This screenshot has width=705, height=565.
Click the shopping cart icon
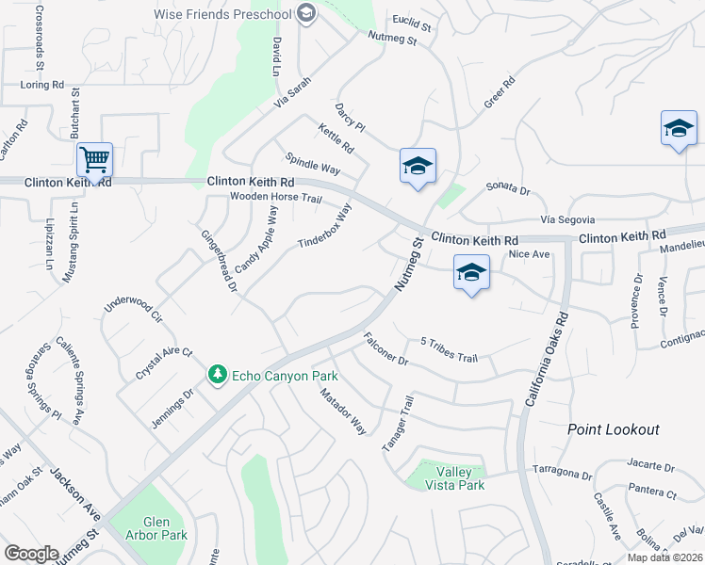tap(94, 160)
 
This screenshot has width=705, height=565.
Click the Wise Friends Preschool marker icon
tap(305, 12)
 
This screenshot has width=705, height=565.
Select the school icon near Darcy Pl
tap(417, 167)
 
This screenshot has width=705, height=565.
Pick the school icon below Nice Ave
tap(471, 273)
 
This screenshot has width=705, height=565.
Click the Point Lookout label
tap(613, 429)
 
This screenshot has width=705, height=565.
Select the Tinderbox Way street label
tap(324, 227)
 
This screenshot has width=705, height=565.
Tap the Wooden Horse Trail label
tap(276, 199)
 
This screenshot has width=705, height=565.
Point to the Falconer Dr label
tap(385, 349)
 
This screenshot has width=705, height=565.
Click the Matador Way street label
tap(341, 411)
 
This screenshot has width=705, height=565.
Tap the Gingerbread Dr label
tap(218, 261)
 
